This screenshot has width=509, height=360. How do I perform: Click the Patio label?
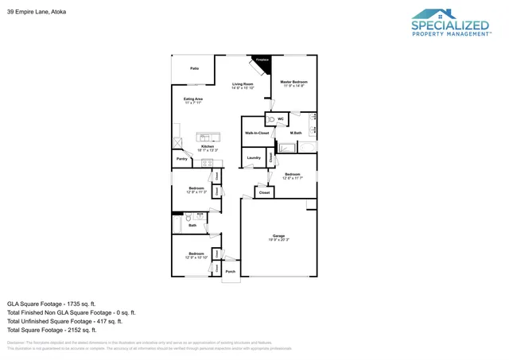194,69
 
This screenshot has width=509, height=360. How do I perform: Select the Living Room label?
243,85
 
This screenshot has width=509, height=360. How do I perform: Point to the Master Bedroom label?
293,83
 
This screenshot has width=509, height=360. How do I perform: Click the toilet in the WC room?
271,119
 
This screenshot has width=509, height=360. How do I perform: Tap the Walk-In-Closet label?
256,133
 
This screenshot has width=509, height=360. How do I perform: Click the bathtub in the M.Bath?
307,147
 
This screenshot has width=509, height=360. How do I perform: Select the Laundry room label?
254,158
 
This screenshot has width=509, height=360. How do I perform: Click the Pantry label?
182,159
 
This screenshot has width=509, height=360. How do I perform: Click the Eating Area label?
193,100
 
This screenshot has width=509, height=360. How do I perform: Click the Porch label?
231,272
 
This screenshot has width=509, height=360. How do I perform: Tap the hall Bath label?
192,225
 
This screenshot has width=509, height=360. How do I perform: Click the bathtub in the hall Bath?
177,226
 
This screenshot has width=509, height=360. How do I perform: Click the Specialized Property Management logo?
450,24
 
